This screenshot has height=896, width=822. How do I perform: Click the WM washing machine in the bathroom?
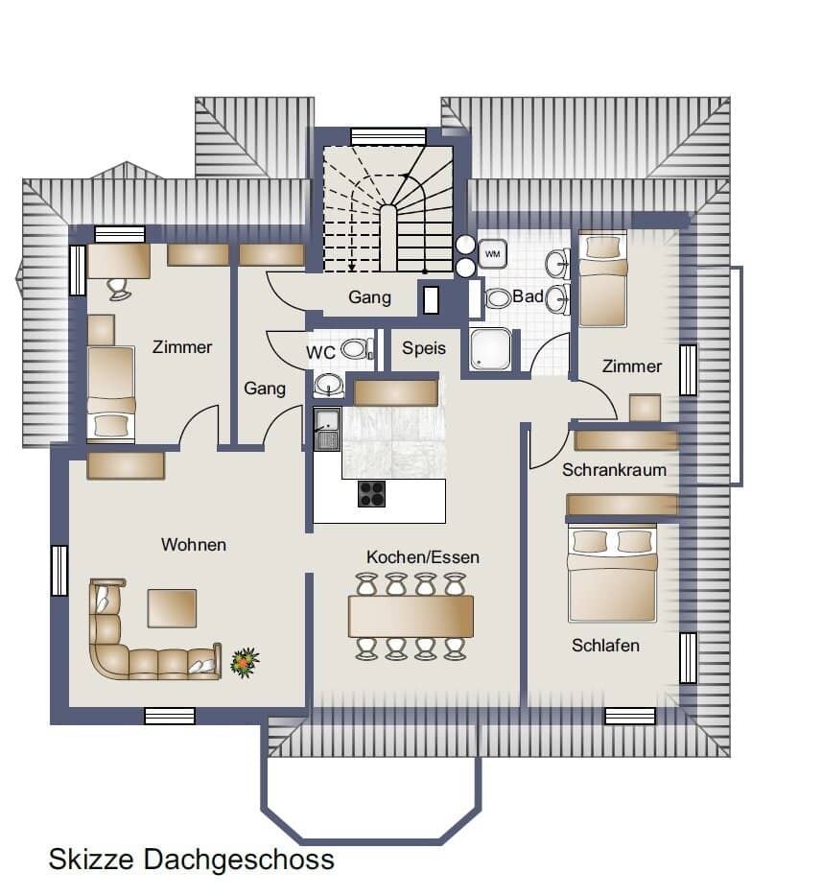492,253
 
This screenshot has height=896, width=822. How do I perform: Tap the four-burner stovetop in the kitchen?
372,494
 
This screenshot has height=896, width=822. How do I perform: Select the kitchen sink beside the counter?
327,429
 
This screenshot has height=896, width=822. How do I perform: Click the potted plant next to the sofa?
245,663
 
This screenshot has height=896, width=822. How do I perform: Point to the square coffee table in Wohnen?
172,608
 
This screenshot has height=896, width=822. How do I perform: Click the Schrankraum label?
614,470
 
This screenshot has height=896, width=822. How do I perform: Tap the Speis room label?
423,348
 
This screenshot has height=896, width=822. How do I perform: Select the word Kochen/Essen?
423,557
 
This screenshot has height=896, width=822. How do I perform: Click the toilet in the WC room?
357,348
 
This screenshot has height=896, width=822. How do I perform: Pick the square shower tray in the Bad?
489,348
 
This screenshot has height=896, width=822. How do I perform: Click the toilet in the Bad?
498,297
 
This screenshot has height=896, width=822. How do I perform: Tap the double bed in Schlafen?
612,573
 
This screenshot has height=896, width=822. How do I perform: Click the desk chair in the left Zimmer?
119,288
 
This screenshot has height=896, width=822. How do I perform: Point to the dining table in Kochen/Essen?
411,617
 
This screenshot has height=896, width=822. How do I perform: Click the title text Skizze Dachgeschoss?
192,860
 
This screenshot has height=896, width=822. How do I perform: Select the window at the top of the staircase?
388,136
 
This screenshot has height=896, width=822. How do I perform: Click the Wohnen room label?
194,545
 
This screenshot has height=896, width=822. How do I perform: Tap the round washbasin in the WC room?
328,384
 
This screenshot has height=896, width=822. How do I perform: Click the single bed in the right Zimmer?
602,279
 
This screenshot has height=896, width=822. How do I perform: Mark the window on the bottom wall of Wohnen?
170,716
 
